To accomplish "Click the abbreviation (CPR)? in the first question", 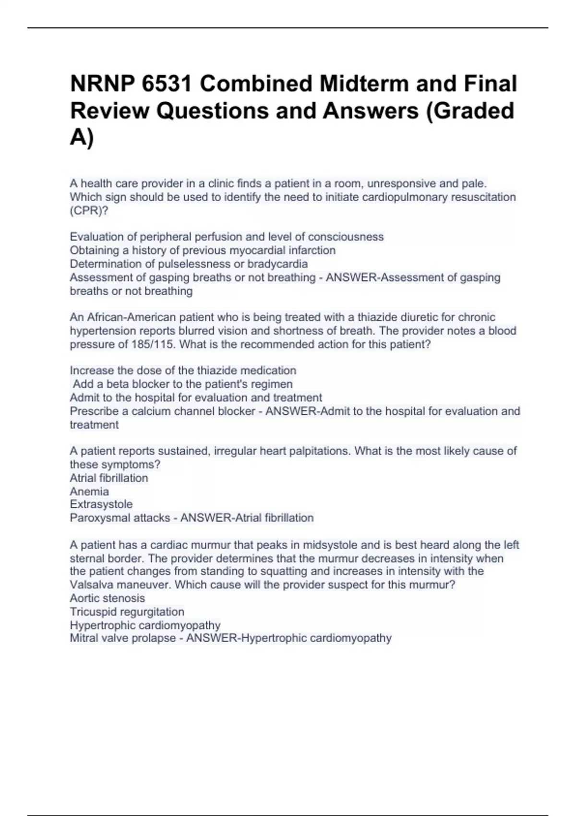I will (89, 211).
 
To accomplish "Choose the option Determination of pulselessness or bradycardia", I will (189, 264).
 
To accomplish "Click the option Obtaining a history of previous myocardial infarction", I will (203, 251).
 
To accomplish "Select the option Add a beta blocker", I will (182, 384).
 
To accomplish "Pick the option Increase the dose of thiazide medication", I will (183, 371).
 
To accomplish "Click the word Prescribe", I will (94, 411).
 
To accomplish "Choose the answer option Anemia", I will (89, 492).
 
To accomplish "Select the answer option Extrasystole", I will (101, 504).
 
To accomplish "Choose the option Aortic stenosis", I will (107, 599).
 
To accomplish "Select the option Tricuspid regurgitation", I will (127, 612).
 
